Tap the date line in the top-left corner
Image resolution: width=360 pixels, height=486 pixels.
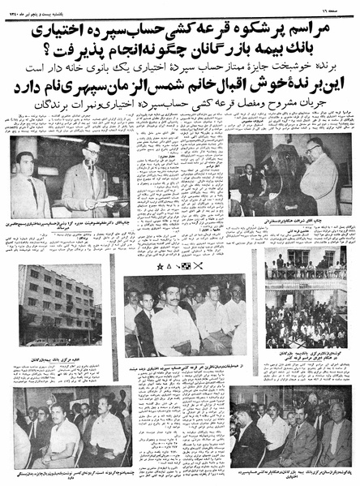[x=37, y=7]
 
